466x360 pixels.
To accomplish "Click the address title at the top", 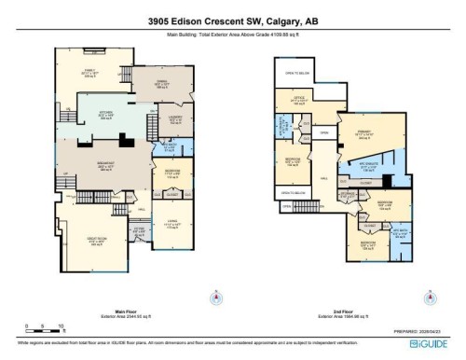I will coord(233,23).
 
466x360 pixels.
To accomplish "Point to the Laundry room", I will coord(174,119).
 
